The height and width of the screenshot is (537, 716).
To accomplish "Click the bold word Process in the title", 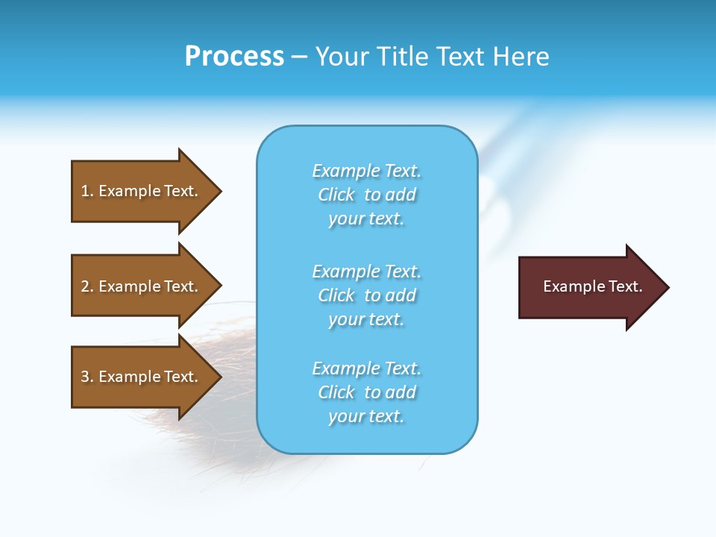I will pyautogui.click(x=234, y=57).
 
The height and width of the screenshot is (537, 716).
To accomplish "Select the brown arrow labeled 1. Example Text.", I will pyautogui.click(x=139, y=191).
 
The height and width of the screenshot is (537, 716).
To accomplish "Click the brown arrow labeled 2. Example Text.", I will pyautogui.click(x=139, y=286).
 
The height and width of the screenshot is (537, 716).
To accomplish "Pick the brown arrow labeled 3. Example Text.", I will pyautogui.click(x=139, y=377).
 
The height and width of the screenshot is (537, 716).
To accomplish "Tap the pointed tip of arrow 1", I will pyautogui.click(x=219, y=191).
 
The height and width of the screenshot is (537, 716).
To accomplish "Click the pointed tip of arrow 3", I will pyautogui.click(x=219, y=377).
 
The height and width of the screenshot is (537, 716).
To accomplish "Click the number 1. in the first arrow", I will pyautogui.click(x=87, y=191).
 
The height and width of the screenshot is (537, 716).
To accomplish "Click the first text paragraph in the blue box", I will pyautogui.click(x=367, y=195).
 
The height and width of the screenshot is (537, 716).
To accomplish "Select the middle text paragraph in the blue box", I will pyautogui.click(x=367, y=295).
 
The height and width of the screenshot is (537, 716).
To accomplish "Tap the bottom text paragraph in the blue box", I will pyautogui.click(x=367, y=392).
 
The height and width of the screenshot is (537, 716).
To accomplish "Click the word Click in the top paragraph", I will pyautogui.click(x=336, y=195).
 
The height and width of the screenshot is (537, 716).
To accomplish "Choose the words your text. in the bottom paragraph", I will pyautogui.click(x=366, y=416).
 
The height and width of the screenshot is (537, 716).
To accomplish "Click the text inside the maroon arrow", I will pyautogui.click(x=592, y=286).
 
